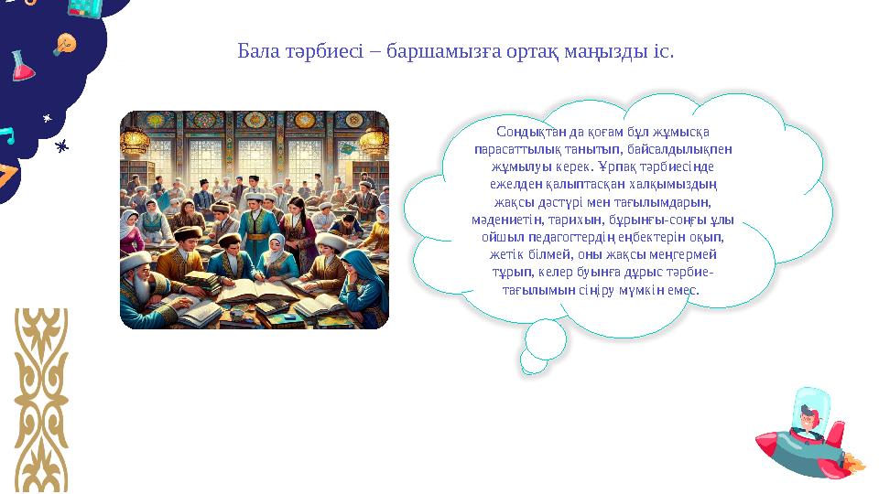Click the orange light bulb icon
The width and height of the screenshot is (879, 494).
65,43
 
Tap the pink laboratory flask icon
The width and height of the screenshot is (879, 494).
22,67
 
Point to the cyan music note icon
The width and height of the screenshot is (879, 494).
8,136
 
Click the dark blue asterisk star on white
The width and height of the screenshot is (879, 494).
62,145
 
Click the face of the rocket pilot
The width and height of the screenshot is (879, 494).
807,420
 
